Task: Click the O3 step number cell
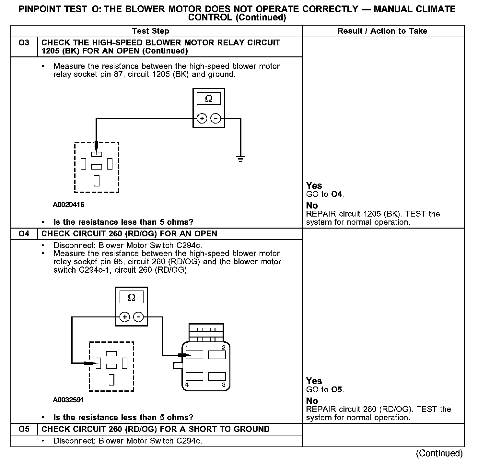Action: (x=24, y=43)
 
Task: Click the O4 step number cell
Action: (x=24, y=234)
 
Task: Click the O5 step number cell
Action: (x=24, y=429)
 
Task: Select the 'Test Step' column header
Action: (x=151, y=31)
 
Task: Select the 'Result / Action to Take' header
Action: (x=382, y=31)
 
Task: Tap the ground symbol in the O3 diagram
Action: (x=240, y=159)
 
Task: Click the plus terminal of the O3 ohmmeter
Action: (x=202, y=119)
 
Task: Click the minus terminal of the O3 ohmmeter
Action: (x=216, y=119)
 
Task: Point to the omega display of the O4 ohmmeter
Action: (x=132, y=297)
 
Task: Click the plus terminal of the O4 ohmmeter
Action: (x=125, y=317)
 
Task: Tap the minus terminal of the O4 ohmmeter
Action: (x=139, y=317)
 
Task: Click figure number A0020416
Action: (x=69, y=205)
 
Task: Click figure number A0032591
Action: (x=69, y=400)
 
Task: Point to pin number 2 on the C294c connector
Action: (x=224, y=348)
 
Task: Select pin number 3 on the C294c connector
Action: (x=224, y=385)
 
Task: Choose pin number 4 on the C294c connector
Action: (x=187, y=385)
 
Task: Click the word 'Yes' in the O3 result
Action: (x=314, y=186)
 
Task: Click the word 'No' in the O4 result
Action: (x=312, y=401)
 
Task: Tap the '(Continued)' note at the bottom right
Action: (x=439, y=453)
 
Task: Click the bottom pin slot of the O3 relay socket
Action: (x=97, y=180)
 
